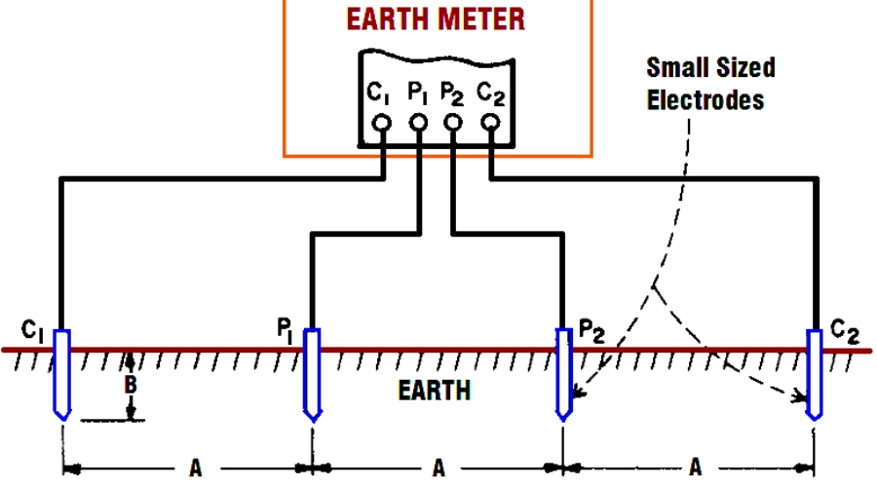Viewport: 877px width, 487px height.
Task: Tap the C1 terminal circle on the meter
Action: (382, 124)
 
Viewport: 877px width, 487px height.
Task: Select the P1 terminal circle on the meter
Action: (419, 124)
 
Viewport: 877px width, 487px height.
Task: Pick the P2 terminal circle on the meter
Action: (453, 124)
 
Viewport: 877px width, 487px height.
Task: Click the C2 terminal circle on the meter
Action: (490, 124)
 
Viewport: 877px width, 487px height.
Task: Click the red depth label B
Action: (130, 386)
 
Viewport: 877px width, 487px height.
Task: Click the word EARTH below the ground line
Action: (435, 392)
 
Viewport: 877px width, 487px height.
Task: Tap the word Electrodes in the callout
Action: (706, 99)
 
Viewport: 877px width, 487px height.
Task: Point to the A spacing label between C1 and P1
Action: (195, 468)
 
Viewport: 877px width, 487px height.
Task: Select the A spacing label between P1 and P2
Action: (438, 468)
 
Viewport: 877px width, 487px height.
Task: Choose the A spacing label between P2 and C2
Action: (696, 468)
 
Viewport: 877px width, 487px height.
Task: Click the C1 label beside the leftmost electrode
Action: (34, 331)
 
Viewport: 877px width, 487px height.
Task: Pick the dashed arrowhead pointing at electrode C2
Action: (803, 396)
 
